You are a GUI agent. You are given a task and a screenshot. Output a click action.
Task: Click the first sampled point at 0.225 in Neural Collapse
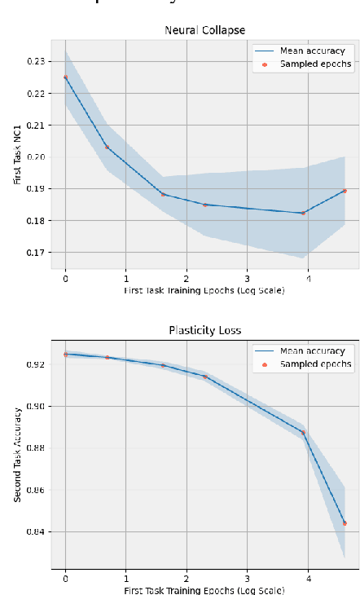coord(65,77)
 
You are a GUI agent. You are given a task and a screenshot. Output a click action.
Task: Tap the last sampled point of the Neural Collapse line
coord(345,191)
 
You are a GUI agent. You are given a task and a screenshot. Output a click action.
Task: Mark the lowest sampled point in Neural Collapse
coord(303,214)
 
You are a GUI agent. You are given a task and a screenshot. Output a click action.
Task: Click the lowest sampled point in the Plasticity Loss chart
coord(345,523)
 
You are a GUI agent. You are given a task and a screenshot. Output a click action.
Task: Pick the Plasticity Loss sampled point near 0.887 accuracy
coord(303,433)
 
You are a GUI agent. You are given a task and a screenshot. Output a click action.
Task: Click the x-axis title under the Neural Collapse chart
coord(204,290)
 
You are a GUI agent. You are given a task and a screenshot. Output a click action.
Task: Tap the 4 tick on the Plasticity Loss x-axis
coord(308,577)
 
